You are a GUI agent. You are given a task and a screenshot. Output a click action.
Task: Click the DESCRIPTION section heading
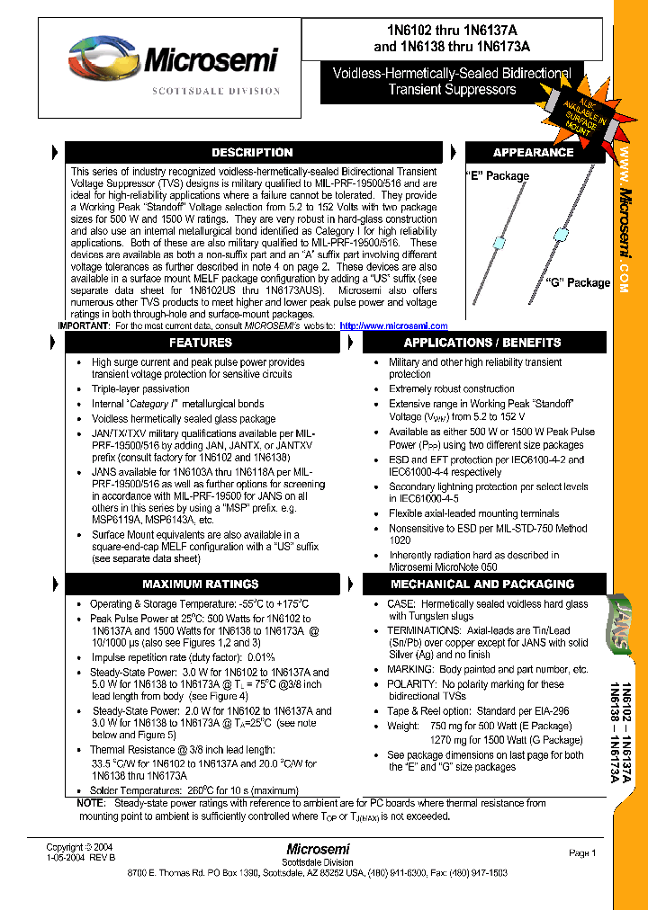(x=252, y=153)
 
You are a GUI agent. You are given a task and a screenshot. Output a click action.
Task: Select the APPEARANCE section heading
(x=533, y=153)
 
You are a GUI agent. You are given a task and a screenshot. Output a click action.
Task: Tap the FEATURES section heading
(x=201, y=343)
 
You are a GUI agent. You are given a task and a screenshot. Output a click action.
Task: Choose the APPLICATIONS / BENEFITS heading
(x=482, y=343)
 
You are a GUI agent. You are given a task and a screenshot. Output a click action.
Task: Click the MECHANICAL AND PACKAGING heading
(x=482, y=584)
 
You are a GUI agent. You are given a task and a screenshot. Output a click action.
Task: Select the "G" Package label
(x=577, y=282)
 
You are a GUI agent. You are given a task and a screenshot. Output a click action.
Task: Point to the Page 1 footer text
(x=582, y=852)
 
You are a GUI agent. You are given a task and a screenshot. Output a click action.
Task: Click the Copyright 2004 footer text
(x=79, y=847)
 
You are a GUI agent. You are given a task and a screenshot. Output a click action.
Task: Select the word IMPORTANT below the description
(x=84, y=326)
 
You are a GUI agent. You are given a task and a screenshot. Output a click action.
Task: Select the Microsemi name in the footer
(x=319, y=849)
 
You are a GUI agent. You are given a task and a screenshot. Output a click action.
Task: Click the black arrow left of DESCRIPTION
(x=55, y=152)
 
